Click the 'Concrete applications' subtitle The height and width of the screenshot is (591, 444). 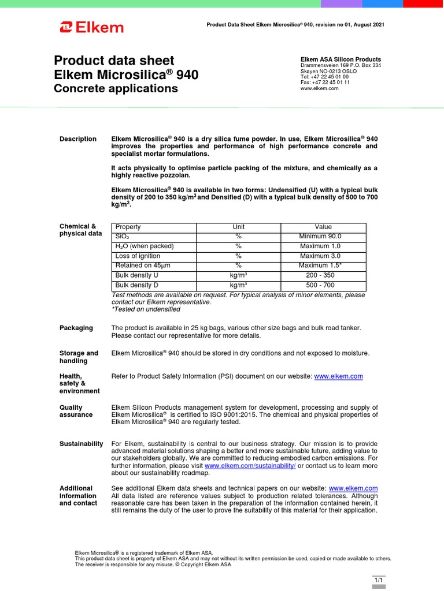(116, 89)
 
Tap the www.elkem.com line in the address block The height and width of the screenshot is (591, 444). (319, 88)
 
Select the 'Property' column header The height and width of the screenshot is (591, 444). (128, 227)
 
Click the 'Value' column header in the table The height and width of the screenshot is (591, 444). (323, 227)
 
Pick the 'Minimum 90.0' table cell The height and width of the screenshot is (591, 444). (320, 237)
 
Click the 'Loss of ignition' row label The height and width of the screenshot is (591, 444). (138, 256)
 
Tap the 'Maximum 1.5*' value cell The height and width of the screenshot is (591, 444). (320, 265)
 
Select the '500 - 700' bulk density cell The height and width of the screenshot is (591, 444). (320, 285)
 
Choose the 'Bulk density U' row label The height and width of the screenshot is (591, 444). (136, 275)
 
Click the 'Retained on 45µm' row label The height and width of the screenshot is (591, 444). (143, 265)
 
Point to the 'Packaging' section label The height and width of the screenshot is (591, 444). (76, 328)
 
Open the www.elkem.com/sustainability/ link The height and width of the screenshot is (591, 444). (250, 466)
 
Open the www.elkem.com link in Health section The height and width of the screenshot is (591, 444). (338, 376)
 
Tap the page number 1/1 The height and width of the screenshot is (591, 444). (379, 579)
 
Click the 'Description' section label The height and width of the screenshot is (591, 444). (78, 139)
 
